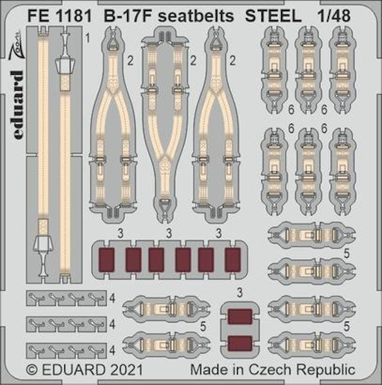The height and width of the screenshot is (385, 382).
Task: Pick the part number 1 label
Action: [x=88, y=39]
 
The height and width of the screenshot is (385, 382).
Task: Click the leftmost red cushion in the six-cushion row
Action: [x=109, y=259]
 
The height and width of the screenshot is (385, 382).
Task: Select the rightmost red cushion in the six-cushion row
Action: [x=232, y=259]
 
